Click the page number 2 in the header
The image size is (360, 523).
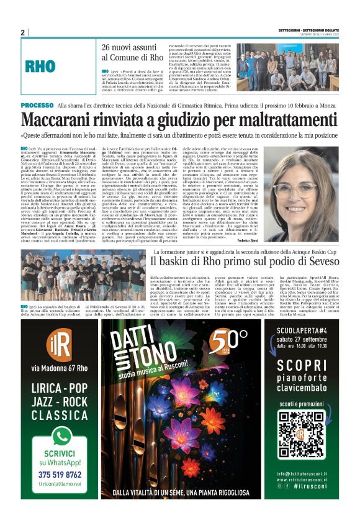(23, 32)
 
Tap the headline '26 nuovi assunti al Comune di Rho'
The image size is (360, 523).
(133, 52)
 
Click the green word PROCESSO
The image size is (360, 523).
(37, 106)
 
